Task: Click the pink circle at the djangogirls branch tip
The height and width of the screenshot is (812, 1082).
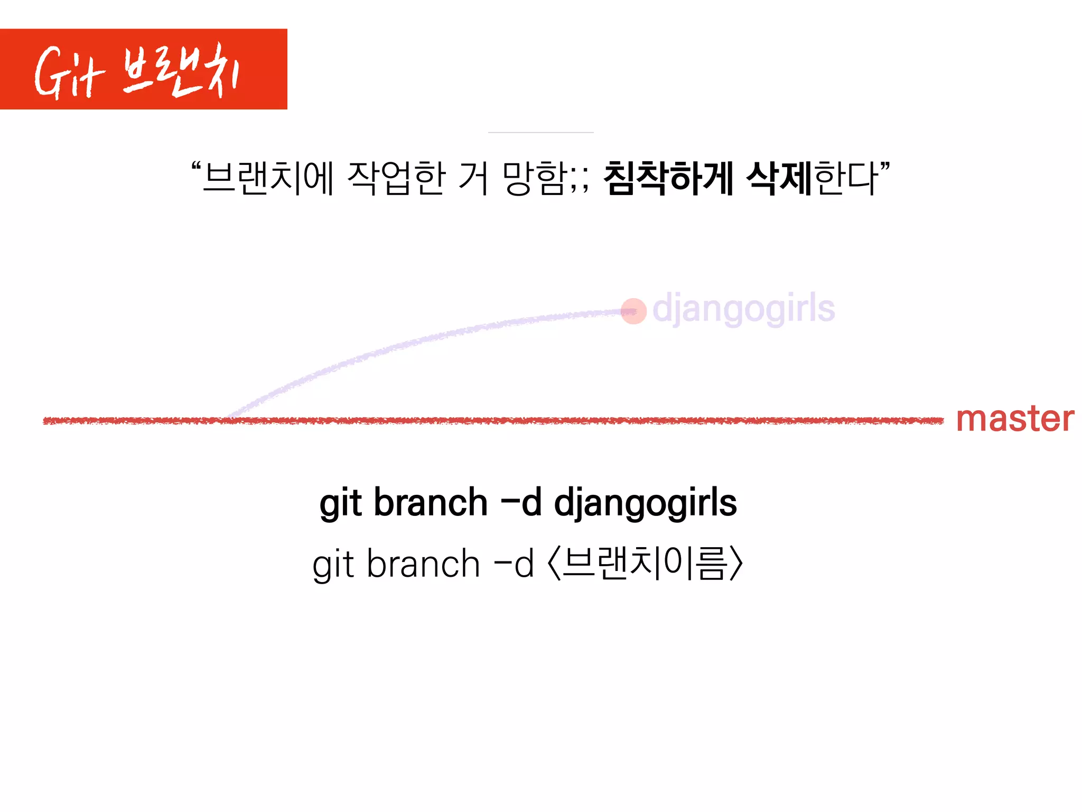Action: (x=633, y=311)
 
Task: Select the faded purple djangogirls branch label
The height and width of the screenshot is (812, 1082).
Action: (x=743, y=309)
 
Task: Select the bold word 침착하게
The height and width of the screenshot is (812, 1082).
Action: (x=668, y=178)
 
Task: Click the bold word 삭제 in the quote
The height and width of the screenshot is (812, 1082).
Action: (x=779, y=178)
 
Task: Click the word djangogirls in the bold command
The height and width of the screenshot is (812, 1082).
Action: (x=645, y=503)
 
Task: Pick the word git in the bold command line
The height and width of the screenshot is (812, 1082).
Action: (x=341, y=503)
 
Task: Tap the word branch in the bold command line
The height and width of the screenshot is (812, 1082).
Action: (x=431, y=503)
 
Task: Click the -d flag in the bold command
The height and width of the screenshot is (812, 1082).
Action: (x=521, y=503)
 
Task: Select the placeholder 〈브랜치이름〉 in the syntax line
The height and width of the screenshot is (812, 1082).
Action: (x=646, y=564)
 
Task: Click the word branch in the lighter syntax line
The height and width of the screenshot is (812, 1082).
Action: (x=423, y=564)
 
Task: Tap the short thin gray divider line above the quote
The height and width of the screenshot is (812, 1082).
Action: (x=540, y=132)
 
